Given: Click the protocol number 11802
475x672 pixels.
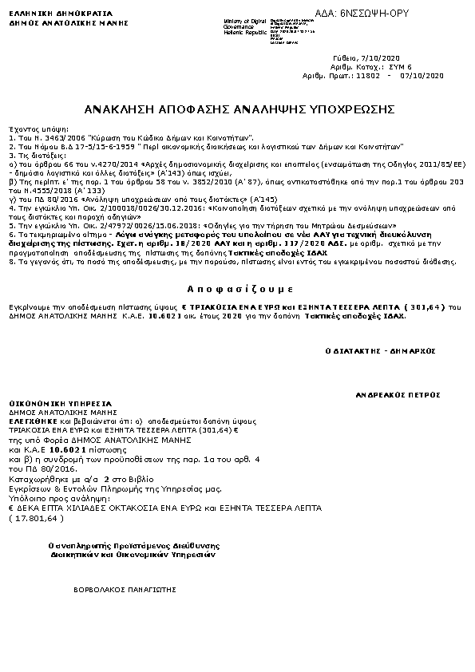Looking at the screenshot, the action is (367, 75).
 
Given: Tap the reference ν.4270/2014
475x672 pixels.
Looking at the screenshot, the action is (104, 163).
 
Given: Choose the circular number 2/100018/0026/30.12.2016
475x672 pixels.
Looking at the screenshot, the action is (131, 206).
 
